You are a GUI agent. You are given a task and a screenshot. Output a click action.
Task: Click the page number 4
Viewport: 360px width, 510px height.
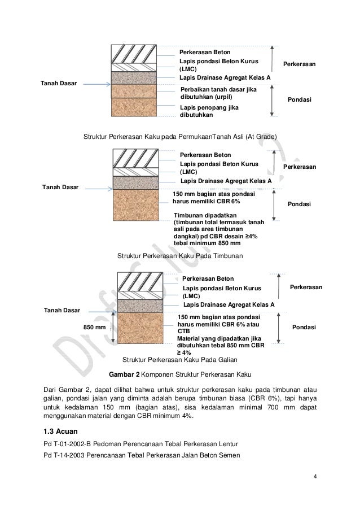pyautogui.click(x=315, y=481)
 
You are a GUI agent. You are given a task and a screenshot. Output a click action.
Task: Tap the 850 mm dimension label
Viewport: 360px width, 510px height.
pyautogui.click(x=95, y=327)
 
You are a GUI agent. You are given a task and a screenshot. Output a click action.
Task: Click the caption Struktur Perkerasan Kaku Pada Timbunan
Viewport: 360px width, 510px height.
pyautogui.click(x=179, y=256)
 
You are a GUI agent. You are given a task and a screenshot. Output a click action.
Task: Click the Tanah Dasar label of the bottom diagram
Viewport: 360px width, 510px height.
pyautogui.click(x=62, y=310)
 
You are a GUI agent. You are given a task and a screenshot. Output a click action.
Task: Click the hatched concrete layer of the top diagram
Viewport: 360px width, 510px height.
pyautogui.click(x=142, y=54)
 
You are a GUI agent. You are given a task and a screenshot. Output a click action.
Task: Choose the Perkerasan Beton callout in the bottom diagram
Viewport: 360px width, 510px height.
pyautogui.click(x=208, y=278)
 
